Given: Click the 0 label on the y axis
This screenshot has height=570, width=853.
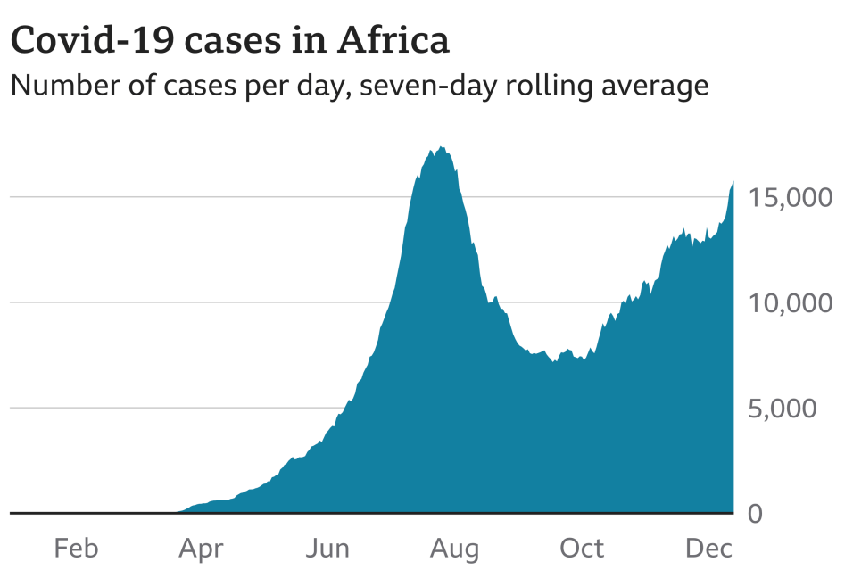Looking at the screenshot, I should [x=755, y=514].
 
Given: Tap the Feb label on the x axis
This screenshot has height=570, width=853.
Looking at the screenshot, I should [x=76, y=547].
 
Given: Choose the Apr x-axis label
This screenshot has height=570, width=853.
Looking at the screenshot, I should [x=202, y=547].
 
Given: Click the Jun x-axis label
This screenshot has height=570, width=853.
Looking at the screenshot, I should [x=327, y=547].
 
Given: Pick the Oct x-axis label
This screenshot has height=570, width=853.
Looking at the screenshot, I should [x=582, y=547].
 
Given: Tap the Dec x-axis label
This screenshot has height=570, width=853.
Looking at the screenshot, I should [x=708, y=547].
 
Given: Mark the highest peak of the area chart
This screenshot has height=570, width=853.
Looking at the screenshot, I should [x=442, y=147].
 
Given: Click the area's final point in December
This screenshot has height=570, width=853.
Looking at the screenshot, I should [x=733, y=182].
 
